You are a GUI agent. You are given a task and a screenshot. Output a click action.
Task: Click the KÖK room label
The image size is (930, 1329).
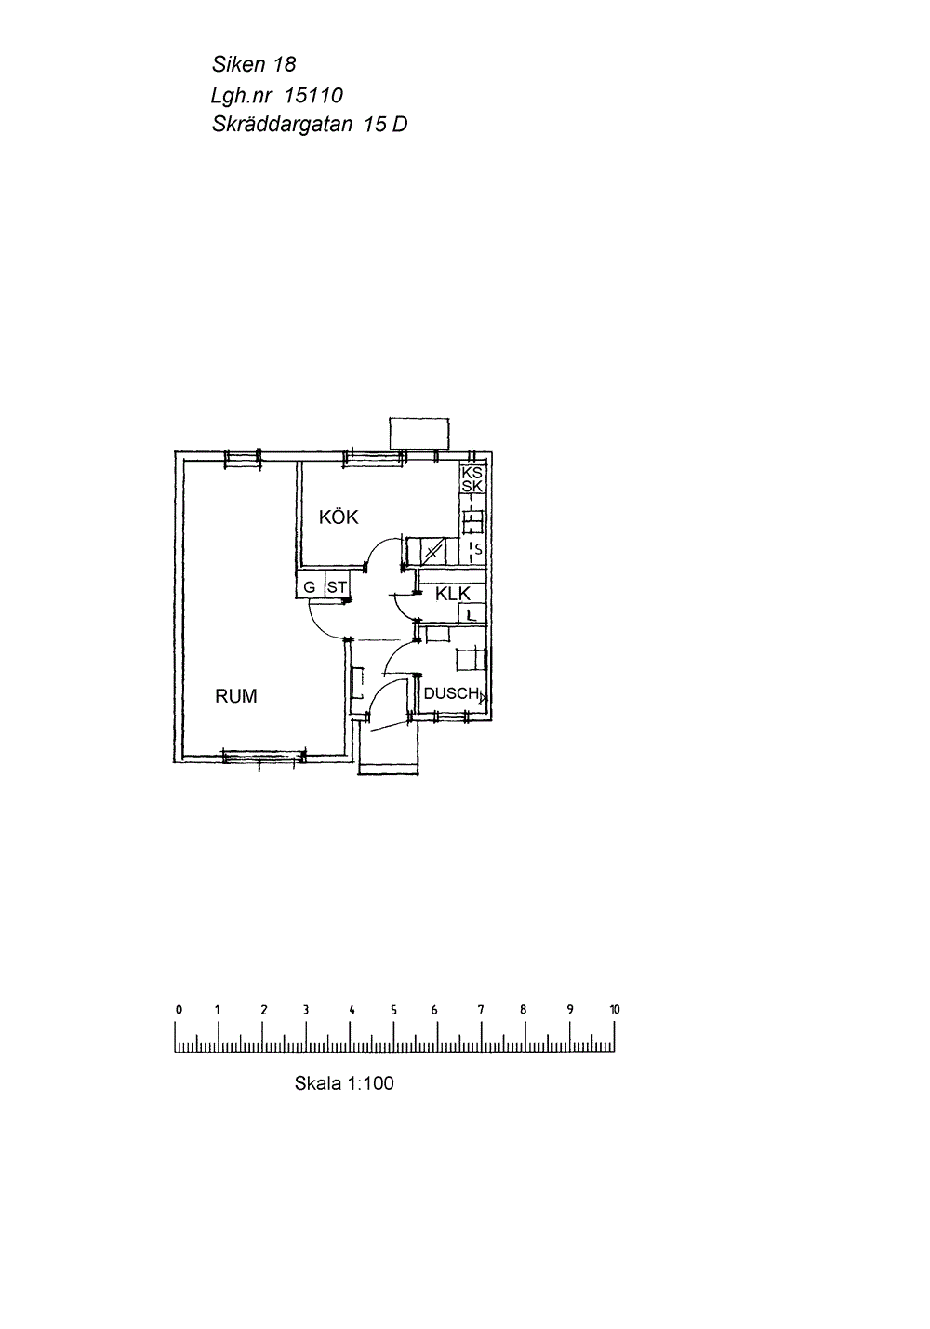click(339, 517)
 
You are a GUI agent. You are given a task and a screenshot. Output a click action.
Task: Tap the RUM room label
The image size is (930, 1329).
click(236, 696)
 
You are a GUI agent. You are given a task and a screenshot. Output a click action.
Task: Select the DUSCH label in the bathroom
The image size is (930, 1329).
click(451, 693)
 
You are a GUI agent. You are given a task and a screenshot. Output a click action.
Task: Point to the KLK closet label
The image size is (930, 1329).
click(453, 594)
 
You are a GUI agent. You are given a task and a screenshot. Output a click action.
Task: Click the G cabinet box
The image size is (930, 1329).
click(310, 586)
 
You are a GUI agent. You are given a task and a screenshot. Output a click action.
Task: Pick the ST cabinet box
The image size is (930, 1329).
click(337, 586)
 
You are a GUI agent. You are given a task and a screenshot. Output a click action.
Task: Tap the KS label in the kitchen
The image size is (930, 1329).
click(472, 473)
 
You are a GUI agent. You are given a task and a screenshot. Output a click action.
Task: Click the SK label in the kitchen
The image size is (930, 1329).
click(472, 486)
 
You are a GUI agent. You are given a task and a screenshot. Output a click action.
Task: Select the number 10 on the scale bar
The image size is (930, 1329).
click(614, 1009)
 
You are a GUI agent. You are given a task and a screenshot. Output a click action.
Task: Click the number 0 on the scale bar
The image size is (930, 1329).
click(179, 1009)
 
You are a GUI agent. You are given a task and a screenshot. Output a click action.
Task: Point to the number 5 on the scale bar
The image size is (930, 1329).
click(393, 1009)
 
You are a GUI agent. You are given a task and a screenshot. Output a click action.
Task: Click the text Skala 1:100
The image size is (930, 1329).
click(344, 1082)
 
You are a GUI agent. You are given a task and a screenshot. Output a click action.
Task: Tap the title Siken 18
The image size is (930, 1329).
click(254, 64)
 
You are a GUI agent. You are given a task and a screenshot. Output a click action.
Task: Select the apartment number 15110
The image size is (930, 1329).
click(313, 95)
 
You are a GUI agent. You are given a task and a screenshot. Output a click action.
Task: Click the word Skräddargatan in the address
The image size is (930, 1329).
click(282, 125)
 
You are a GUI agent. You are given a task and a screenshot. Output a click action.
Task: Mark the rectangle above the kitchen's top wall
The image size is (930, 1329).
click(419, 434)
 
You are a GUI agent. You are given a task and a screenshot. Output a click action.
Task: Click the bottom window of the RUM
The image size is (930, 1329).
click(264, 756)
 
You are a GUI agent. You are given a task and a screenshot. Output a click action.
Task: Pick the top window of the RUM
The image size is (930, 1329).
click(243, 456)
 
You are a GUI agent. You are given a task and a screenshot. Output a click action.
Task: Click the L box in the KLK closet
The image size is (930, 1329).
click(472, 614)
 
